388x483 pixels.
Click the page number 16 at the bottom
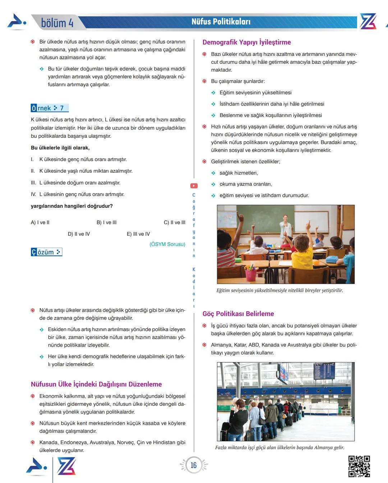click(194, 465)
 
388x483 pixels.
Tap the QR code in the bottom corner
click(359, 466)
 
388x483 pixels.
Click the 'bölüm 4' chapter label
click(57, 23)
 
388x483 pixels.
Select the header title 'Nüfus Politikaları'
click(221, 22)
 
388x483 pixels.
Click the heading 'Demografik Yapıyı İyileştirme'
click(246, 42)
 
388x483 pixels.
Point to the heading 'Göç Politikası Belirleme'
click(238, 313)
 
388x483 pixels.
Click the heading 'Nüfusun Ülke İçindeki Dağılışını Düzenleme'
click(96, 384)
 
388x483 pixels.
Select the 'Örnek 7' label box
click(49, 108)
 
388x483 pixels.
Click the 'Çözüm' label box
click(46, 252)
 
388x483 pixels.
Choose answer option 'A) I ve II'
click(40, 222)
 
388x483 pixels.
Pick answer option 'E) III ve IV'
click(138, 234)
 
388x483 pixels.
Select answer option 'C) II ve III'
click(174, 222)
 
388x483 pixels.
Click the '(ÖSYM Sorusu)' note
click(167, 244)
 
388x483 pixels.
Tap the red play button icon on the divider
click(194, 186)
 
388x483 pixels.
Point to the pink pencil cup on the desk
click(251, 275)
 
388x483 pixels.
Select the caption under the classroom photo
click(280, 290)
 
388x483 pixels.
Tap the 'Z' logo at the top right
click(368, 22)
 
